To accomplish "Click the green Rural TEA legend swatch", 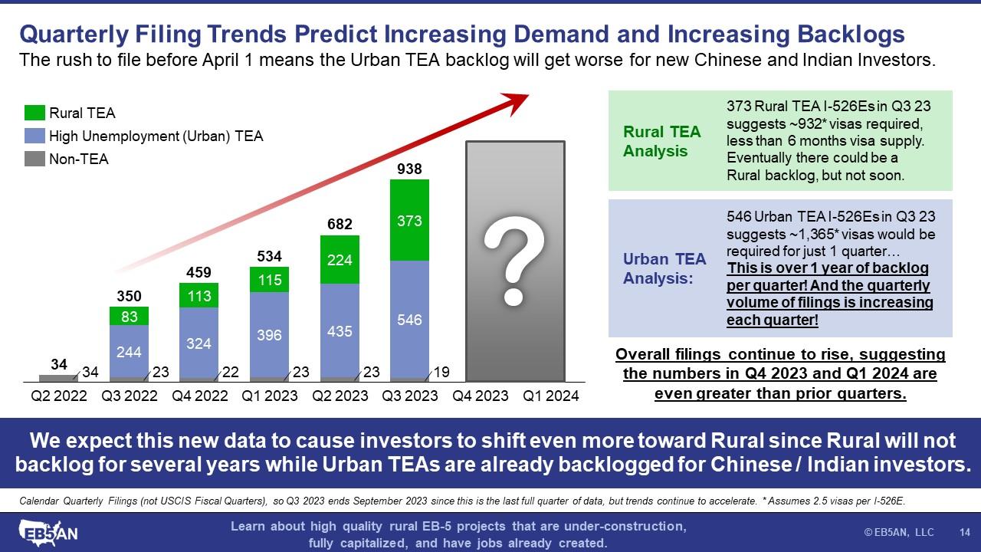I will pyautogui.click(x=34, y=113).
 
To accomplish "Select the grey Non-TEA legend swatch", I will pyautogui.click(x=34, y=159).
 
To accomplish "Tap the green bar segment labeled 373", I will pyautogui.click(x=409, y=221).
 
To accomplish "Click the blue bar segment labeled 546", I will pyautogui.click(x=409, y=320).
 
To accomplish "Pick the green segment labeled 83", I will pyautogui.click(x=128, y=315).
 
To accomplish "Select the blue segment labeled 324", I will pyautogui.click(x=198, y=343).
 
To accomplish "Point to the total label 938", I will pyautogui.click(x=409, y=169).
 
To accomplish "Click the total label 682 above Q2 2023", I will pyautogui.click(x=340, y=224).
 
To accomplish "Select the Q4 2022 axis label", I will pyautogui.click(x=198, y=396).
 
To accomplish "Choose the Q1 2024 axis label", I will pyautogui.click(x=550, y=396).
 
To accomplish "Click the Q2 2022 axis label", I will pyautogui.click(x=58, y=396).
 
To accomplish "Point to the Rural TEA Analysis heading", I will pyautogui.click(x=661, y=141).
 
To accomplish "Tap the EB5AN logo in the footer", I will pyautogui.click(x=48, y=531).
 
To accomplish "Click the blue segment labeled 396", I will pyautogui.click(x=269, y=335).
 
